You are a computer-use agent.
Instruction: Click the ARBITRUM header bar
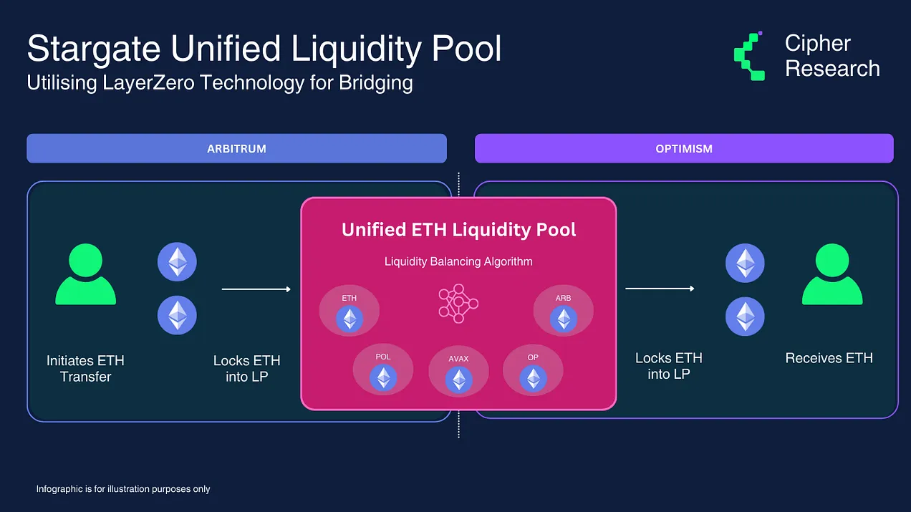tap(236, 148)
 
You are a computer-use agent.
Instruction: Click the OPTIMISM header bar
tap(684, 148)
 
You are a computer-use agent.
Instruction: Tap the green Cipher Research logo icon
tap(749, 56)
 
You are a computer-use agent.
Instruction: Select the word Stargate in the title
tap(94, 49)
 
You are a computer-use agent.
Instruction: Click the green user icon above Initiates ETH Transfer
tap(86, 274)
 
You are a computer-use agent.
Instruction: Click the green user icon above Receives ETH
tap(832, 274)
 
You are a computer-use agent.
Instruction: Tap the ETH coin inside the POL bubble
tap(383, 378)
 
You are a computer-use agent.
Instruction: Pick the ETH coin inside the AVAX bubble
tap(459, 380)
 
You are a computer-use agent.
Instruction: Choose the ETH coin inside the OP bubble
tap(533, 379)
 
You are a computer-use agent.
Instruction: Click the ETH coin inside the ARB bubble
tap(563, 319)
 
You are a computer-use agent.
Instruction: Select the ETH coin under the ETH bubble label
tap(350, 319)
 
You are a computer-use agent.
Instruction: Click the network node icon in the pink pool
tap(458, 304)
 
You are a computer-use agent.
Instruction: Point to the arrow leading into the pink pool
tap(256, 289)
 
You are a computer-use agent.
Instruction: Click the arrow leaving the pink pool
tap(660, 289)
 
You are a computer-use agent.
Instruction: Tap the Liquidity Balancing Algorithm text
tap(458, 261)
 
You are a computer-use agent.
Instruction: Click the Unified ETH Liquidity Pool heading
tap(459, 230)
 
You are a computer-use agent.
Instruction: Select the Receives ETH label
tap(829, 358)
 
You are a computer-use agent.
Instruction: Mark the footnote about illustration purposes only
tap(123, 489)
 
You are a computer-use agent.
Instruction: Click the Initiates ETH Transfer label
tap(85, 369)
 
